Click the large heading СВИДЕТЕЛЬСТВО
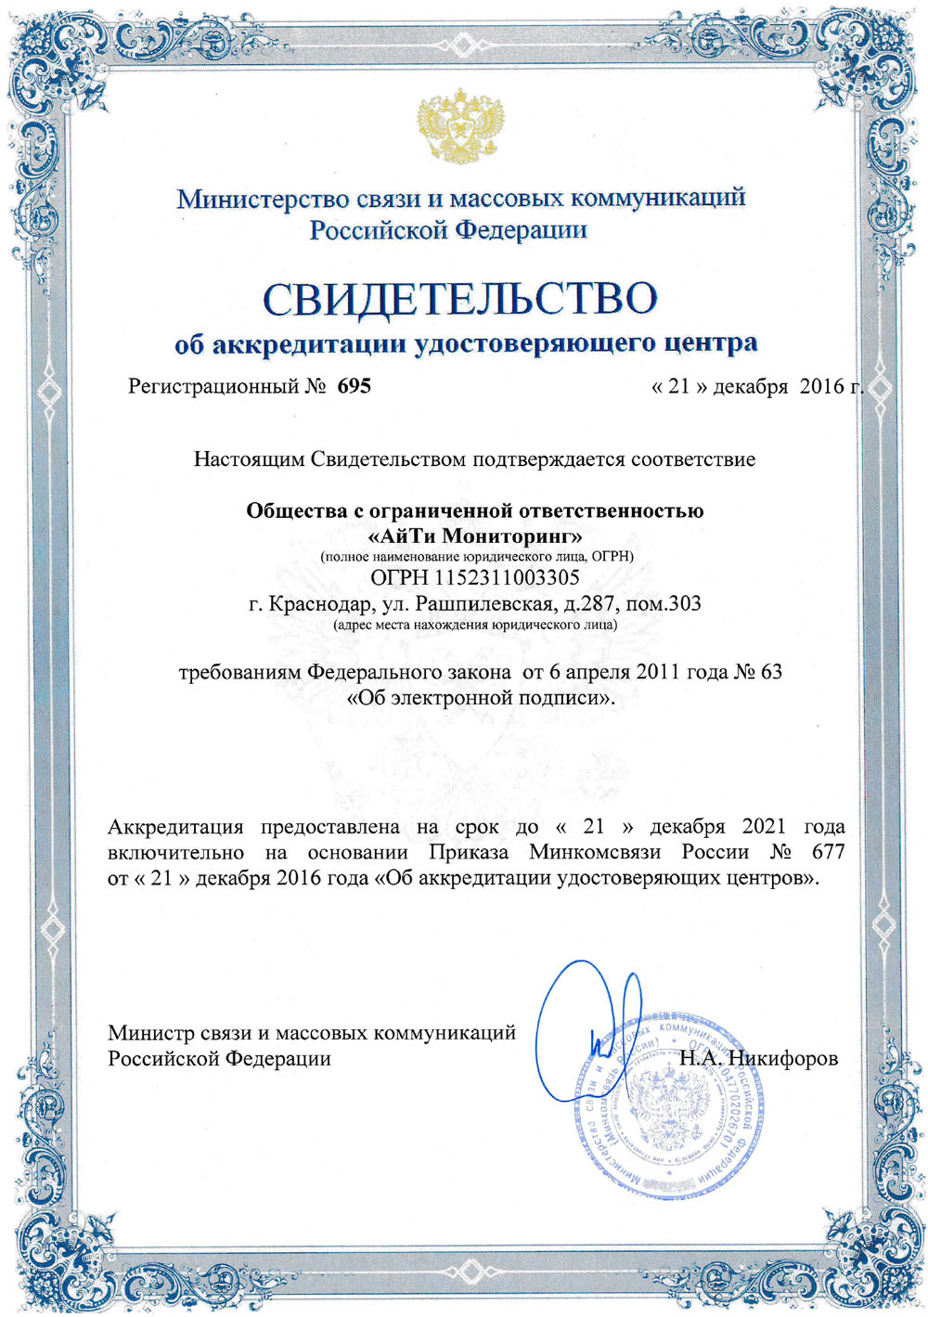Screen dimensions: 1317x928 [460, 299]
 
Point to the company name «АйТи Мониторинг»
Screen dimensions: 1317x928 [475, 536]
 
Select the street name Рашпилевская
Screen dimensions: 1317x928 [485, 604]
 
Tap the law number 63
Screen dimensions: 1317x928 [771, 671]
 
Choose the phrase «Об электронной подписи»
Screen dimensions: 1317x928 [480, 697]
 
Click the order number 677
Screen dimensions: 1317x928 [828, 851]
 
